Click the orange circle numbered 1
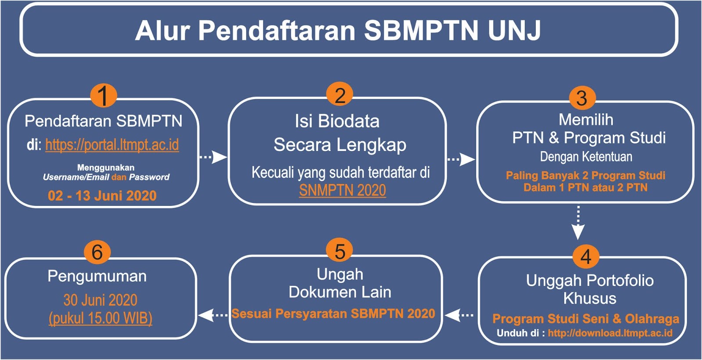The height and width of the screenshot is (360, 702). click(x=103, y=95)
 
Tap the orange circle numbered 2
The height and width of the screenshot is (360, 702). click(x=340, y=94)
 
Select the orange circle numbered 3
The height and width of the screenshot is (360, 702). click(x=582, y=97)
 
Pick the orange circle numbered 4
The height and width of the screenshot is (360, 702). click(x=586, y=256)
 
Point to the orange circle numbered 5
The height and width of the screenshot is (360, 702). click(x=340, y=251)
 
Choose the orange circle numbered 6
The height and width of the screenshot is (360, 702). click(x=97, y=252)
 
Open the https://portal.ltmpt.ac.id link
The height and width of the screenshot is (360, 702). click(x=112, y=144)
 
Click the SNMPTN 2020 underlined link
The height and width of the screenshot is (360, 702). click(x=342, y=190)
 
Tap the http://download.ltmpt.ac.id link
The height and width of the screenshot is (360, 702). click(x=610, y=333)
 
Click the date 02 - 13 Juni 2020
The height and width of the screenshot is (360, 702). click(x=102, y=195)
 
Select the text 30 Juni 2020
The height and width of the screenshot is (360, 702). click(x=100, y=300)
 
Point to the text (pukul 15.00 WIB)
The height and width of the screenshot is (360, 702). click(x=100, y=318)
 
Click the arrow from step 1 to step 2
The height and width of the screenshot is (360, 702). click(x=214, y=157)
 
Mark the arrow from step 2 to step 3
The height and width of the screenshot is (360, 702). click(x=461, y=159)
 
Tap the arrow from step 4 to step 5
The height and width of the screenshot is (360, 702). click(x=459, y=315)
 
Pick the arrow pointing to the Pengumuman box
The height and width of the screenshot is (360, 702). click(x=213, y=315)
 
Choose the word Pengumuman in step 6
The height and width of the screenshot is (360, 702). click(x=97, y=276)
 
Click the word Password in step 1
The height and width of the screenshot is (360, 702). click(x=149, y=177)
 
